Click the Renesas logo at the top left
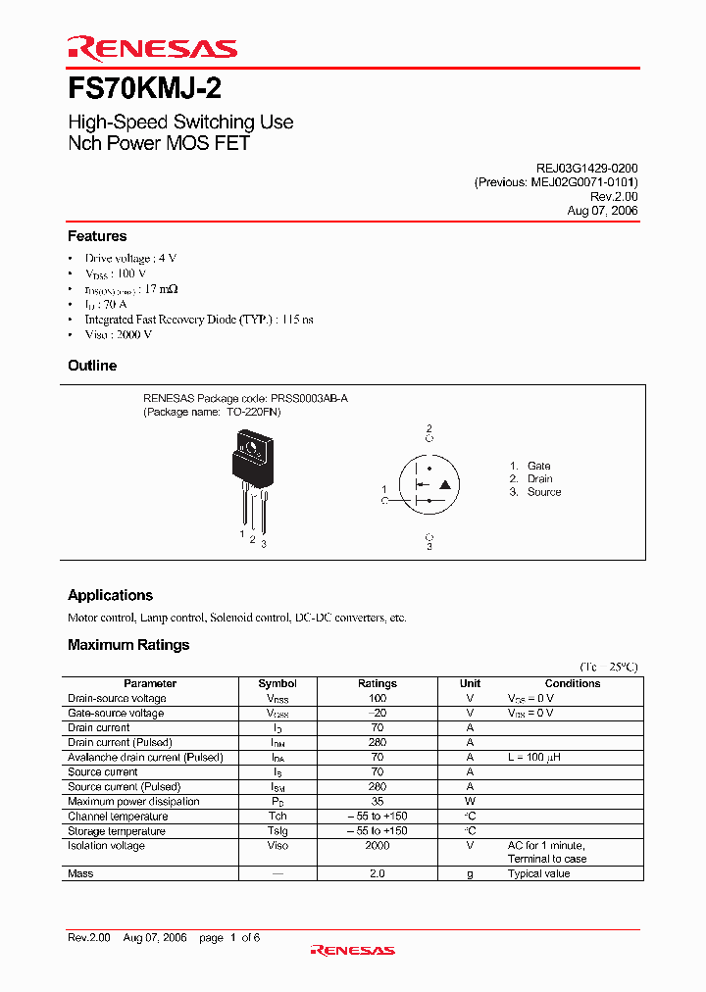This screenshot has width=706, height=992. point(151,48)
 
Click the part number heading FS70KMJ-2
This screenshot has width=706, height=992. point(144,89)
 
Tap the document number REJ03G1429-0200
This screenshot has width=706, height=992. point(580,169)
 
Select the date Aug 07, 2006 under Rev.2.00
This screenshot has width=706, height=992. point(602,211)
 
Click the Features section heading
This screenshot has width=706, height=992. point(97,236)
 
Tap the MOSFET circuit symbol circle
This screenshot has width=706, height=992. point(429,484)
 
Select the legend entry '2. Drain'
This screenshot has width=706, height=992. point(530,479)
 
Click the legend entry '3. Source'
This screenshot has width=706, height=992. point(534,492)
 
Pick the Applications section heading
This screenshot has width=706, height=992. point(110,595)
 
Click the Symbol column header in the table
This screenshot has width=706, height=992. point(277,683)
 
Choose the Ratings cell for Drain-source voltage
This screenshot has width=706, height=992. point(378,698)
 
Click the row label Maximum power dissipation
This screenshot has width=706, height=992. point(133,802)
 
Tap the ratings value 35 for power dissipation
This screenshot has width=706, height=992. point(378,802)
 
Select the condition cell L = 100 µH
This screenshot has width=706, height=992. point(533,758)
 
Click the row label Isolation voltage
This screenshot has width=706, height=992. point(106,846)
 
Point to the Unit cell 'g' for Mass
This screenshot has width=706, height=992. point(470,873)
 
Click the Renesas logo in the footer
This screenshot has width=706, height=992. point(352,949)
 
